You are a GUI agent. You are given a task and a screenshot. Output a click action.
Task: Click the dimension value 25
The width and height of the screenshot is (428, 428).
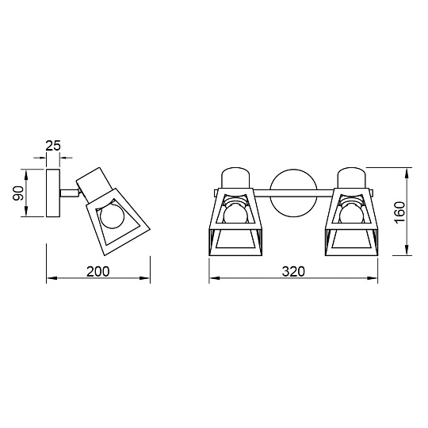tap(54, 146)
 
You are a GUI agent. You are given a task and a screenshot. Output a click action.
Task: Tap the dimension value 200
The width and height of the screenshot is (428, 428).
tap(97, 270)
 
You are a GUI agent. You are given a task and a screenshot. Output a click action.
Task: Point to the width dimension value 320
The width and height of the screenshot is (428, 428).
tap(292, 270)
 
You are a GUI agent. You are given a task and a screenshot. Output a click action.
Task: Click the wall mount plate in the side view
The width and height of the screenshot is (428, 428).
tap(55, 193)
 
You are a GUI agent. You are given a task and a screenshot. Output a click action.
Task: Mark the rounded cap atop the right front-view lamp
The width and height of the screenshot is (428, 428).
tap(351, 178)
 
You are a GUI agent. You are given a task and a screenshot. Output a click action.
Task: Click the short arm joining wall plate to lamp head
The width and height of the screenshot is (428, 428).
tap(71, 191)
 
